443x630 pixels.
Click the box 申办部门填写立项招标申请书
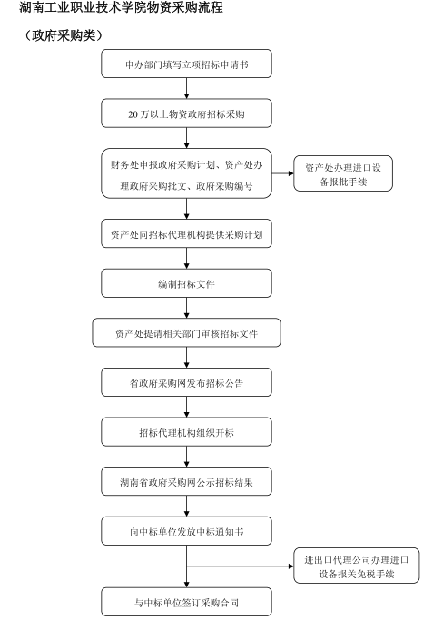coord(186,64)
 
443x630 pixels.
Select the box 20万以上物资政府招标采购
coord(186,113)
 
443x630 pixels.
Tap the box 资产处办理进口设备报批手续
coord(343,173)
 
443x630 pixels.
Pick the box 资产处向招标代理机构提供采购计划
coord(186,233)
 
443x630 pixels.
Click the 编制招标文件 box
coord(186,283)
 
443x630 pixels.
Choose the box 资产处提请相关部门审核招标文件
coord(186,332)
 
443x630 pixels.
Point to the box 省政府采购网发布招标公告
coord(186,382)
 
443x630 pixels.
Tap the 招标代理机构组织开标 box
coord(186,432)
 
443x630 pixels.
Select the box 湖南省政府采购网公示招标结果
coord(186,481)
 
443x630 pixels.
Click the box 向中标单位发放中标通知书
coord(186,531)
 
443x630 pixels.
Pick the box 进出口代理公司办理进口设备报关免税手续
coord(356,566)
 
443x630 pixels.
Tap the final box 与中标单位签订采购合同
coord(186,602)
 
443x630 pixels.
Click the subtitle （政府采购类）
coord(63,35)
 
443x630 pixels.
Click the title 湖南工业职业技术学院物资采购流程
coord(121,7)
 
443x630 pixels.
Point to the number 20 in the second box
coord(133,114)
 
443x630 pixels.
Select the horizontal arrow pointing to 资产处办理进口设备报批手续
coord(282,173)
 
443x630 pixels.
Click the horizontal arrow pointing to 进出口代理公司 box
coord(241,566)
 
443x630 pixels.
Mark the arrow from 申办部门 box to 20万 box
coord(186,88)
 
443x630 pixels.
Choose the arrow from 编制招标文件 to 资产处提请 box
coord(186,308)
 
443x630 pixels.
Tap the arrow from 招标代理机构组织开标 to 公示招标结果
coord(186,457)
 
